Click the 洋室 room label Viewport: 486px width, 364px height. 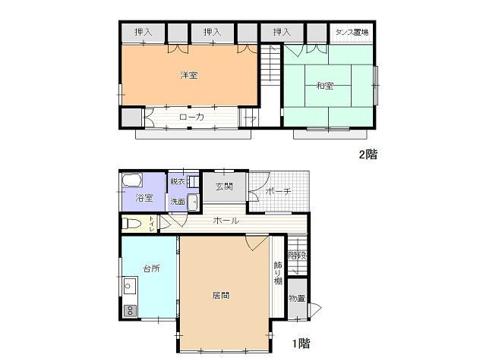[189, 75]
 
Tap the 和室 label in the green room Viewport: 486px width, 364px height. [324, 86]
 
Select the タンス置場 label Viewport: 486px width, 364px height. [352, 32]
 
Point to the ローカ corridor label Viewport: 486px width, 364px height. [191, 117]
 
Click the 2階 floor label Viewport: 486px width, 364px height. [368, 154]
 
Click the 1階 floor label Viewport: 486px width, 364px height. [301, 344]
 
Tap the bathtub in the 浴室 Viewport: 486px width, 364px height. [132, 180]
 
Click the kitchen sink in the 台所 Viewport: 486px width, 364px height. [130, 286]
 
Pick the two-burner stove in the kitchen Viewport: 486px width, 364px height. [130, 311]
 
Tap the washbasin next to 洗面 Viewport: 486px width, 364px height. [193, 202]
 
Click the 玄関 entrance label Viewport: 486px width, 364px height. [224, 187]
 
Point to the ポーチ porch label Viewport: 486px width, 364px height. [279, 191]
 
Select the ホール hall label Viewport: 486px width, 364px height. [226, 221]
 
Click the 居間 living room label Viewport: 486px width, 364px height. [221, 295]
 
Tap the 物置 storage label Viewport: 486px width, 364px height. [297, 298]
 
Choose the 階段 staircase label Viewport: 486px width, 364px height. [298, 256]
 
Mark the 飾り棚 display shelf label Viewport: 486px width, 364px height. [278, 274]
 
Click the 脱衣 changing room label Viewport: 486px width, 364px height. [178, 181]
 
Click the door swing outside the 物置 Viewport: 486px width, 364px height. [316, 309]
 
